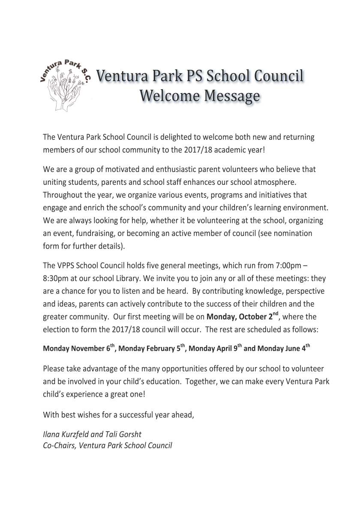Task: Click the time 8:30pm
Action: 57,278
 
